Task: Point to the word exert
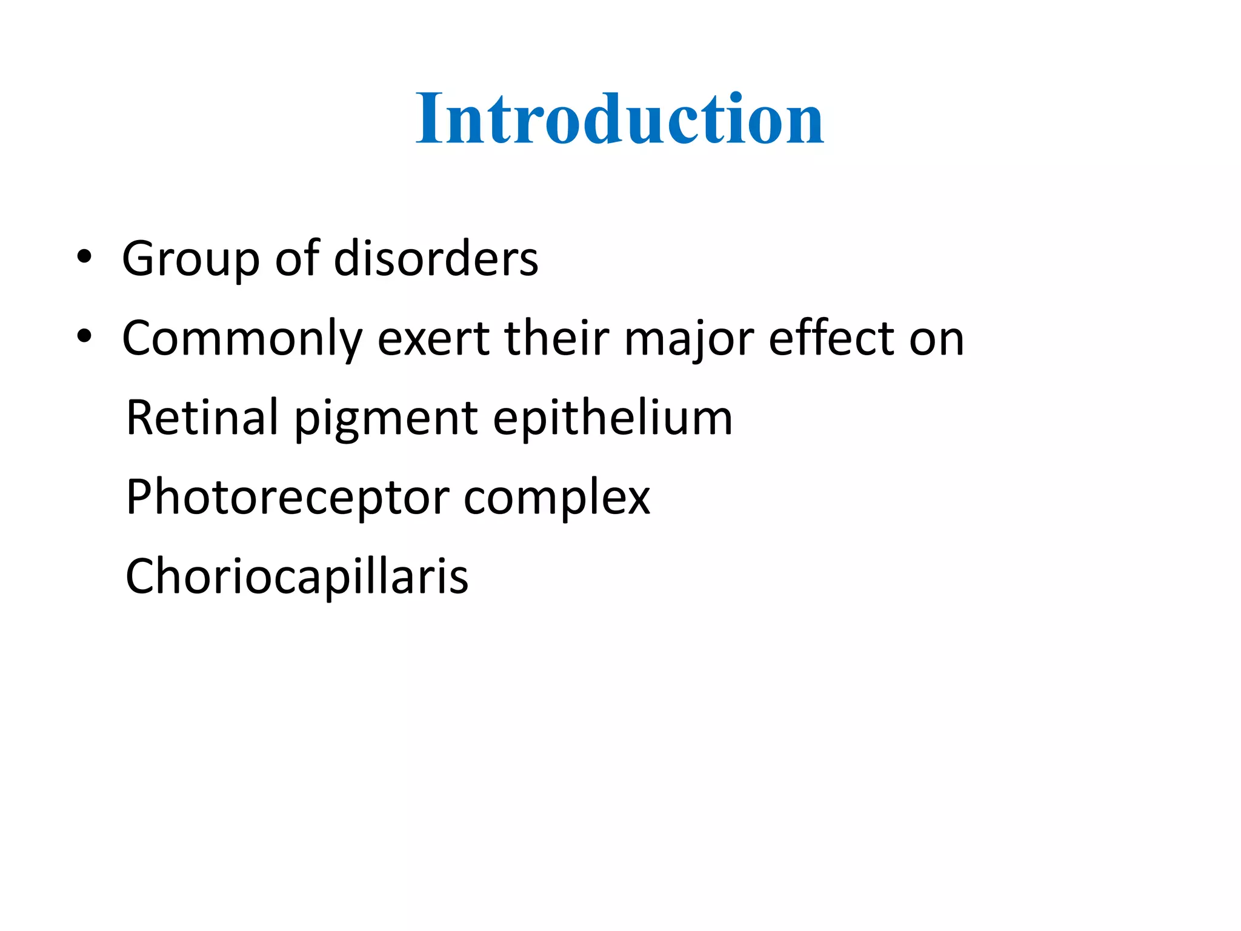pyautogui.click(x=433, y=338)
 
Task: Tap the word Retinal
pyautogui.click(x=201, y=418)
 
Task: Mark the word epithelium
pyautogui.click(x=612, y=419)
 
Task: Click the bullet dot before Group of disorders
pyautogui.click(x=84, y=257)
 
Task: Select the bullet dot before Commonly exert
pyautogui.click(x=84, y=336)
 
